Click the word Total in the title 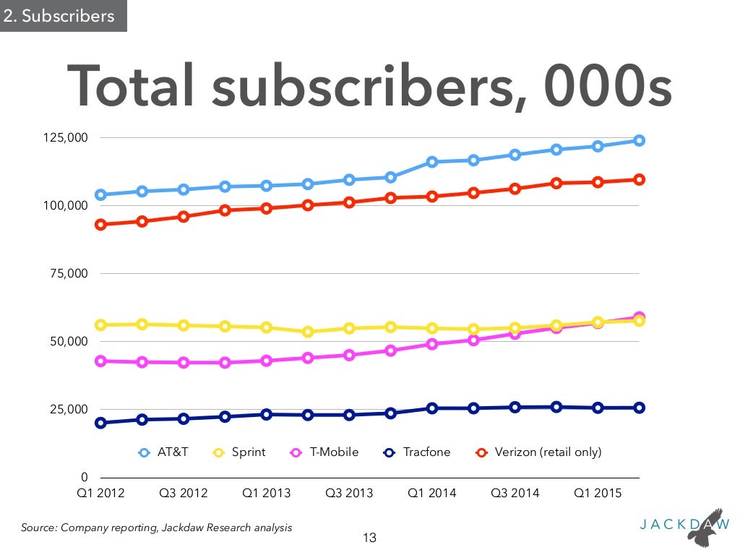click(132, 88)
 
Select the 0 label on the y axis click(85, 478)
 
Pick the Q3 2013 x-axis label click(349, 494)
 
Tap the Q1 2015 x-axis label click(598, 494)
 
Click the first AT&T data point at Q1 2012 click(100, 195)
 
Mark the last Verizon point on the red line click(640, 180)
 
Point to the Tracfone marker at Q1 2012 click(100, 423)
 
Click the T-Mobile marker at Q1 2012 click(100, 361)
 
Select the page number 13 click(369, 538)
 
